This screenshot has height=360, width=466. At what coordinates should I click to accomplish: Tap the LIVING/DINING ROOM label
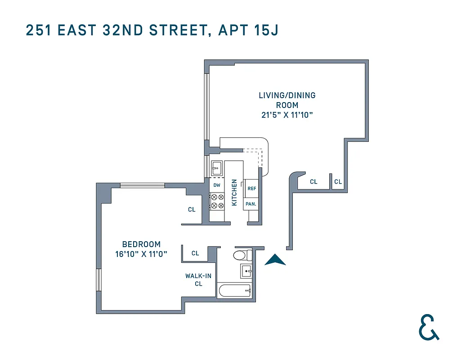pyautogui.click(x=287, y=100)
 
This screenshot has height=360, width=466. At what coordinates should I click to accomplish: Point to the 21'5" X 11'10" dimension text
pyautogui.click(x=287, y=115)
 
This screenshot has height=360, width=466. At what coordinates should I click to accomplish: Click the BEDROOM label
pyautogui.click(x=141, y=244)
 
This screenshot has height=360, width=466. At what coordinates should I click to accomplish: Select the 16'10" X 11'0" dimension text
pyautogui.click(x=141, y=254)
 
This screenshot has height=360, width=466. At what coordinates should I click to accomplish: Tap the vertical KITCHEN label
pyautogui.click(x=234, y=193)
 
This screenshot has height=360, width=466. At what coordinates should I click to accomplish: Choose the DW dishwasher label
pyautogui.click(x=217, y=185)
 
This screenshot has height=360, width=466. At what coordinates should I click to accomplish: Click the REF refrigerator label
pyautogui.click(x=251, y=188)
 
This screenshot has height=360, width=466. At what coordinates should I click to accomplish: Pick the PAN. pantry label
pyautogui.click(x=251, y=204)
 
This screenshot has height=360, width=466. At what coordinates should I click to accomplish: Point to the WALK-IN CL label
pyautogui.click(x=198, y=279)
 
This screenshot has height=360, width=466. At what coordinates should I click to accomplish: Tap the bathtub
pyautogui.click(x=234, y=291)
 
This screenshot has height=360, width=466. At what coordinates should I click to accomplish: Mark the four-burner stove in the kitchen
pyautogui.click(x=217, y=201)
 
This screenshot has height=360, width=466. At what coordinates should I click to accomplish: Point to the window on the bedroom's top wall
pyautogui.click(x=143, y=185)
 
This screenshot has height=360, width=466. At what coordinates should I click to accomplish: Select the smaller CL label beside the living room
pyautogui.click(x=338, y=182)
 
